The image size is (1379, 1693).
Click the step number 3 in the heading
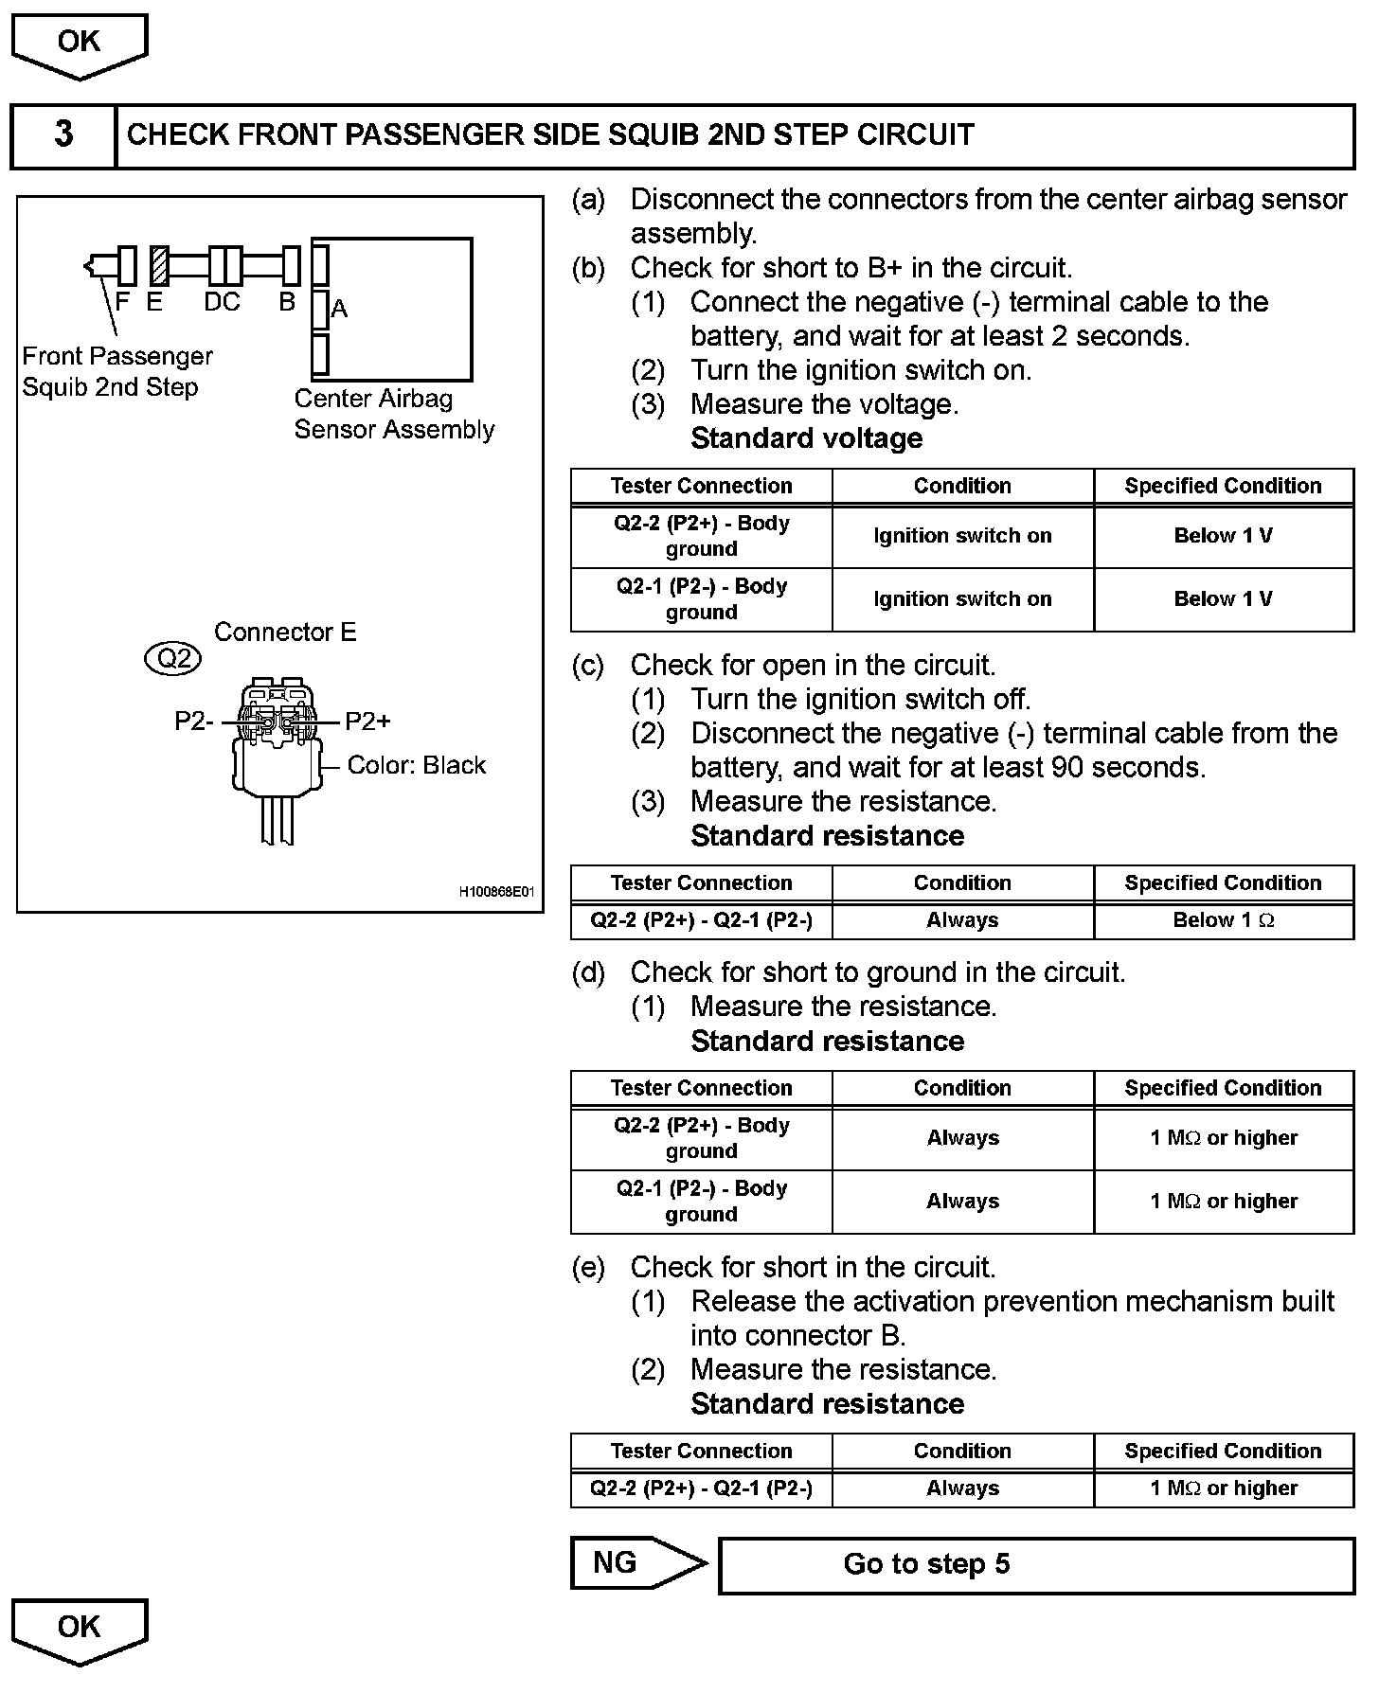[x=63, y=134]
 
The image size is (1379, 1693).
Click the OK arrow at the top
[x=79, y=44]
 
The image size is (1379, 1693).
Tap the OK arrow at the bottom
[x=79, y=1630]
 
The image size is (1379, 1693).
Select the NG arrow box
[x=636, y=1563]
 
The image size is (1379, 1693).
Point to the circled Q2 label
[x=173, y=657]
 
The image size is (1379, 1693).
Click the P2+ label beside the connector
[x=367, y=722]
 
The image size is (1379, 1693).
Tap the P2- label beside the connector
[x=194, y=722]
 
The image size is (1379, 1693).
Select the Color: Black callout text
[x=416, y=765]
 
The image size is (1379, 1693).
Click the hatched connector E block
[x=160, y=266]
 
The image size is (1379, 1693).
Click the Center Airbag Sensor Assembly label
[x=394, y=414]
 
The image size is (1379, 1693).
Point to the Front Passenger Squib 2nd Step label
[x=117, y=371]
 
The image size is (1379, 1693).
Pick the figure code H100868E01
[x=496, y=892]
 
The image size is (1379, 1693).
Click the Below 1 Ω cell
[x=1223, y=920]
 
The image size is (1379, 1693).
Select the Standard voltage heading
[x=806, y=438]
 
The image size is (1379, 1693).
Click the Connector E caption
[x=285, y=633]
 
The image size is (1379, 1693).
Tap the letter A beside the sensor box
[x=340, y=309]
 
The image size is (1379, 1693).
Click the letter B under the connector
[x=287, y=302]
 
